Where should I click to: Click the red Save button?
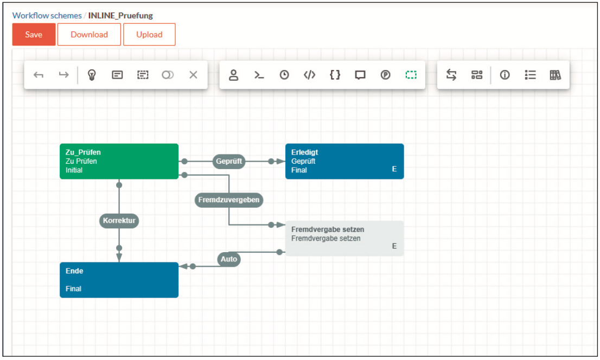tap(34, 35)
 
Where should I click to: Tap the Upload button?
tap(149, 35)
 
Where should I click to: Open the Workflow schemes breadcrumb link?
tap(47, 16)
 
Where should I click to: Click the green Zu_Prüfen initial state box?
tap(119, 161)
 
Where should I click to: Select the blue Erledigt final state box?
tap(344, 161)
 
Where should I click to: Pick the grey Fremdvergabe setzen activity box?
tap(344, 239)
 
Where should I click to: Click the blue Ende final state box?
tap(119, 280)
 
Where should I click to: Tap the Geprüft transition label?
tap(229, 161)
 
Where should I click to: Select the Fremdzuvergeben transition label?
tap(229, 200)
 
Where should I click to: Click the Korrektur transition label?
tap(119, 220)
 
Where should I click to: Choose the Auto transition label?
tap(229, 259)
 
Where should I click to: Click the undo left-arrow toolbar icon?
tap(39, 75)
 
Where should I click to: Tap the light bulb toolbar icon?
tap(92, 75)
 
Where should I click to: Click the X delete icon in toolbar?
tap(193, 75)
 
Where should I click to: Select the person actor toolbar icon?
tap(233, 75)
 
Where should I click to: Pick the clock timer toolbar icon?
tap(284, 75)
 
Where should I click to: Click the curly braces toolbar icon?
tap(335, 75)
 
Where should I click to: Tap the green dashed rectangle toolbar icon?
tap(411, 75)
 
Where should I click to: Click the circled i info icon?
tap(505, 75)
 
